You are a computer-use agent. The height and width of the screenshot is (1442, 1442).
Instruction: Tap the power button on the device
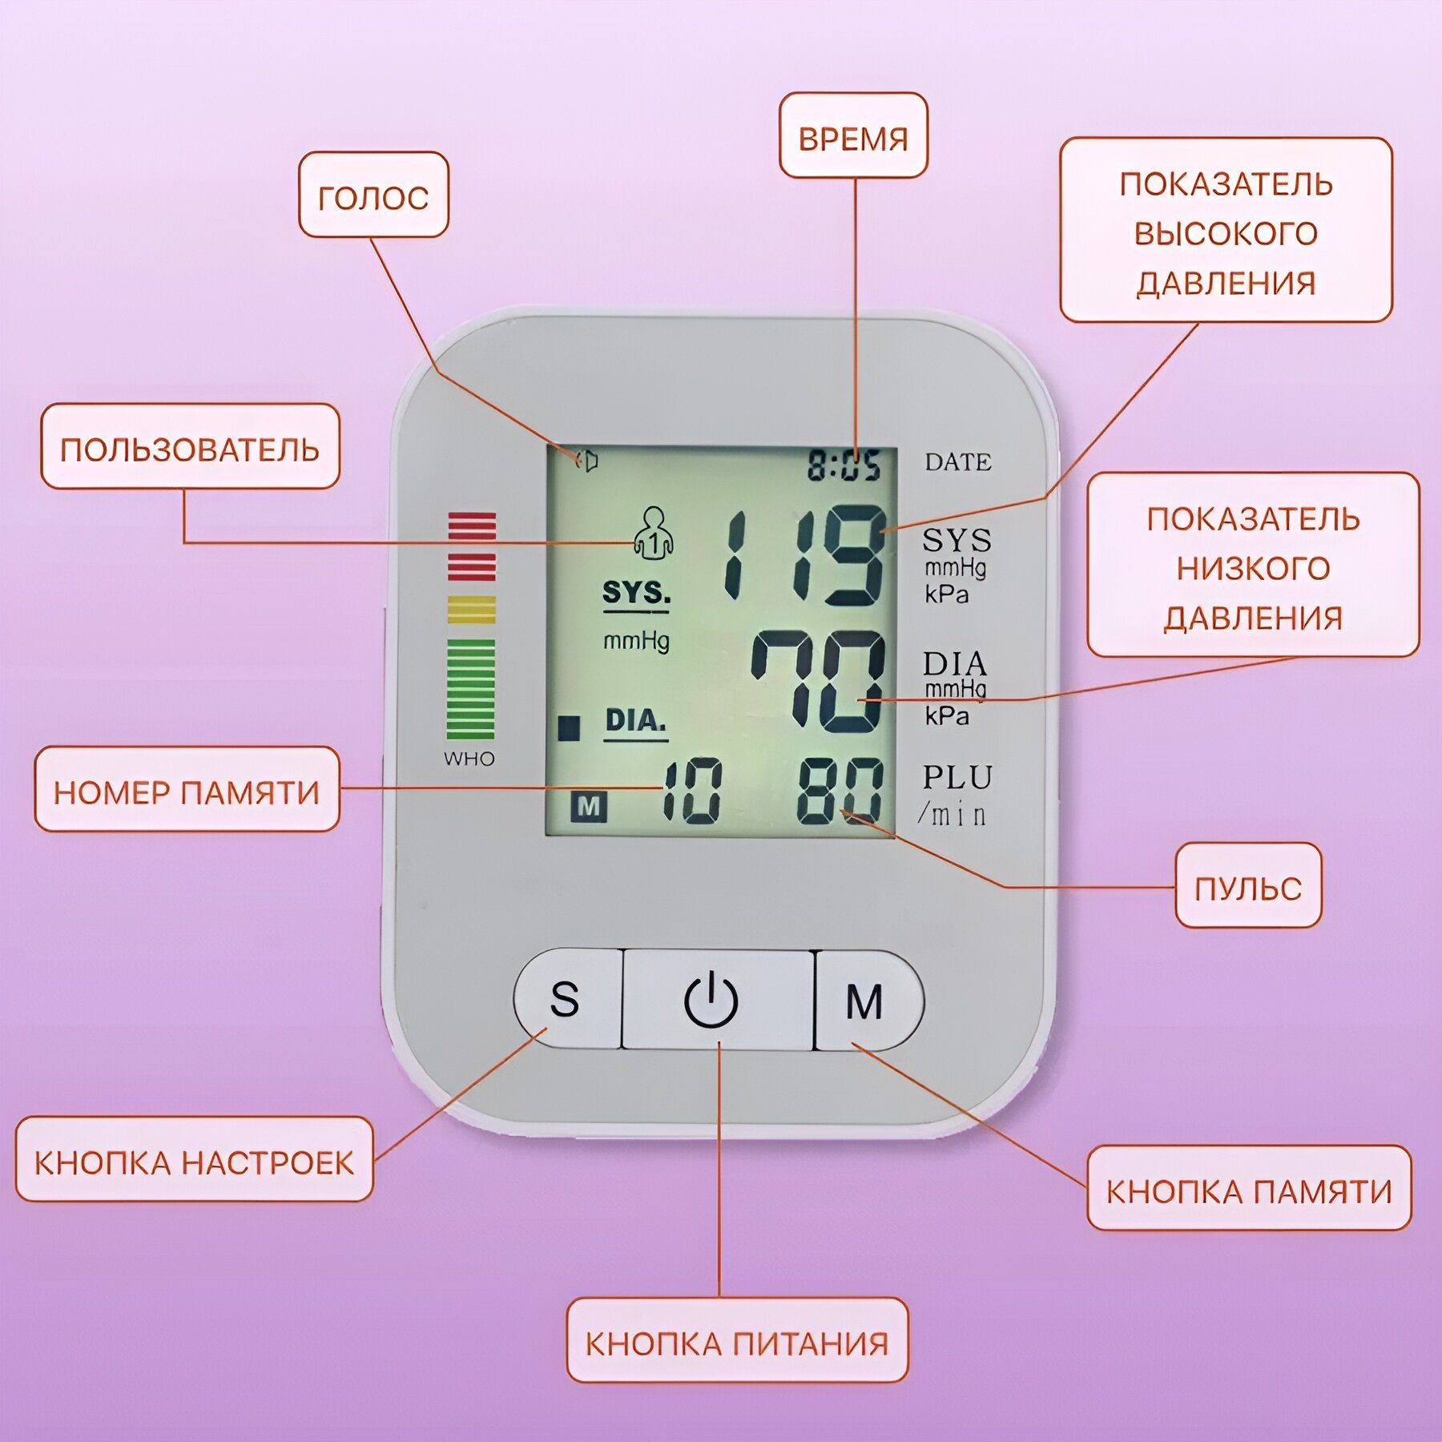(711, 1000)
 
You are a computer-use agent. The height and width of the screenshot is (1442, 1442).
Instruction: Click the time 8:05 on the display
(843, 465)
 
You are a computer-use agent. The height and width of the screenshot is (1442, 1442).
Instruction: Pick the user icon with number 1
(654, 533)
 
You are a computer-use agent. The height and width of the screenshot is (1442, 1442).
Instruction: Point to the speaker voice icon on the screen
(587, 461)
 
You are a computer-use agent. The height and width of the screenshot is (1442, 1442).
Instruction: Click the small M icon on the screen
(589, 806)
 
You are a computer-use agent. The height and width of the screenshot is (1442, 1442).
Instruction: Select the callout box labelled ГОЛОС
(373, 195)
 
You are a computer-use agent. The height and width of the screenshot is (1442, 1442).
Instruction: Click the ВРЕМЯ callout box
(853, 136)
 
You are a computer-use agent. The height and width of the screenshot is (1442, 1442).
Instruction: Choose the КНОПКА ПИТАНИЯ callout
(737, 1343)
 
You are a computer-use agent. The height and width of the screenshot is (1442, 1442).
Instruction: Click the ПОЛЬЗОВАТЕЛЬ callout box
(190, 447)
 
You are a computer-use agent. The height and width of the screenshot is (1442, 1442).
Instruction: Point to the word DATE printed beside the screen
(958, 462)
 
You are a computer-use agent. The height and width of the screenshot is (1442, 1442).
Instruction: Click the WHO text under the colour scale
(469, 759)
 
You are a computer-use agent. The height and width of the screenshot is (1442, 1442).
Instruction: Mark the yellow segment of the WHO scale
(471, 609)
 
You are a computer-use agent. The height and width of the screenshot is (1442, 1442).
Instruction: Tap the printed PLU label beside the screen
(957, 777)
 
